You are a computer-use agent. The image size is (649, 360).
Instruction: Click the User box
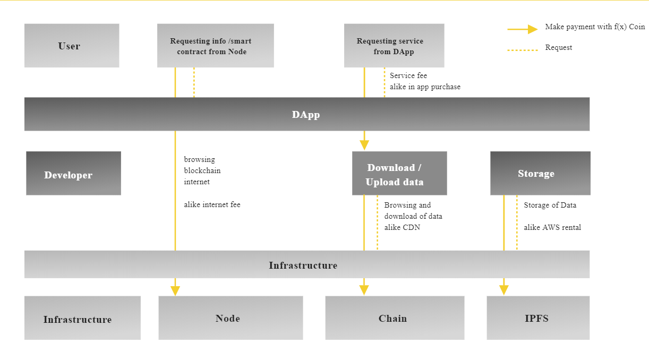pos(72,46)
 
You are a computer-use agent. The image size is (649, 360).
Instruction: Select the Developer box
pos(73,174)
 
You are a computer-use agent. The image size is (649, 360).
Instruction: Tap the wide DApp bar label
pos(306,114)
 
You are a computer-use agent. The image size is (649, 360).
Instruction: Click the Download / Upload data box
pos(399,174)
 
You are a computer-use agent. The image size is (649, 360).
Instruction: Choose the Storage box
pos(540,174)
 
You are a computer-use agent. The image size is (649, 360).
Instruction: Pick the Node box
pos(230,318)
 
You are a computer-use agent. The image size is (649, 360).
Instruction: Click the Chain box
pos(395,318)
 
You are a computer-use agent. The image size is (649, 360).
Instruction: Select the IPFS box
pos(537,318)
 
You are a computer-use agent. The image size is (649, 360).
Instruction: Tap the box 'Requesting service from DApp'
pos(394,46)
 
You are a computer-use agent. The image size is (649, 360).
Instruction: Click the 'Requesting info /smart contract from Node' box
pos(215,46)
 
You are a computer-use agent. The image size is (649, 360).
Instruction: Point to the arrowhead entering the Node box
pos(175,290)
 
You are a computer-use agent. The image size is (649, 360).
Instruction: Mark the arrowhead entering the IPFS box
pos(504,290)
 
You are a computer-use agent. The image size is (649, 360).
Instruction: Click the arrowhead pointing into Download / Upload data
pos(364,145)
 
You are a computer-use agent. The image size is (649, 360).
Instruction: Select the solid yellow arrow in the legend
pos(523,29)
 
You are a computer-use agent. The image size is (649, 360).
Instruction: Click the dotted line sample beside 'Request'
pos(523,50)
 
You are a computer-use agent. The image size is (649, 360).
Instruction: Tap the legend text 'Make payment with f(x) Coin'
pos(595,27)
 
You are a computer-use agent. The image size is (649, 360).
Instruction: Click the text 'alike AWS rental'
pos(552,227)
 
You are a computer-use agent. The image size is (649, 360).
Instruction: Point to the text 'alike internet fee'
pos(212,204)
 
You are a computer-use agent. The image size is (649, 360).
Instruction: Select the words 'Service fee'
pos(408,75)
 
